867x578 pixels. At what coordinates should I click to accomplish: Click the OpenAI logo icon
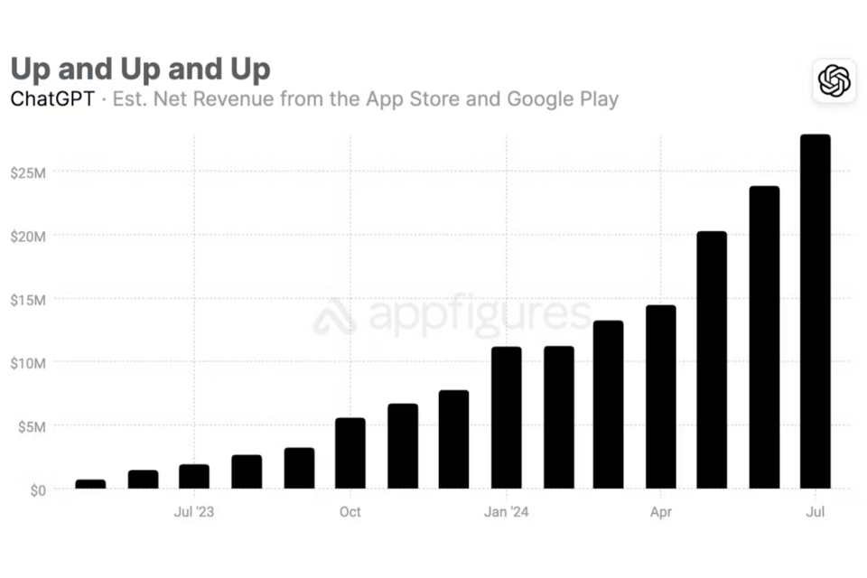click(x=834, y=81)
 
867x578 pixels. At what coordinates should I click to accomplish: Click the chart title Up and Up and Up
click(x=140, y=70)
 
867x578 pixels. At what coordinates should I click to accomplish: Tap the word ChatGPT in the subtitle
click(x=52, y=99)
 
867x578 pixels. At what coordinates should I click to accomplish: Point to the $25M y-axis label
click(x=28, y=172)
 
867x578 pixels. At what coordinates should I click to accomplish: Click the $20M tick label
click(x=28, y=236)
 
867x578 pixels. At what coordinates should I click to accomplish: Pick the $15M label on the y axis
click(x=28, y=299)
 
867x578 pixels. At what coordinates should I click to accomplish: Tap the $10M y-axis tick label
click(x=28, y=363)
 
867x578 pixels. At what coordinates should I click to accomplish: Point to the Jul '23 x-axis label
click(x=193, y=512)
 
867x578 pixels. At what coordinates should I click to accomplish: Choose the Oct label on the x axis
click(x=350, y=512)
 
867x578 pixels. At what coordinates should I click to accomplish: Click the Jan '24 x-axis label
click(x=507, y=512)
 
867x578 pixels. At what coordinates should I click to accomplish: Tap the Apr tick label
click(x=660, y=512)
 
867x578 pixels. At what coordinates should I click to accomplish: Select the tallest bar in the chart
click(x=816, y=312)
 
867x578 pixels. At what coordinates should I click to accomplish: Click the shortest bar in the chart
click(x=90, y=484)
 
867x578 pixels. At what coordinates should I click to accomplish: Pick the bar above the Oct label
click(x=350, y=453)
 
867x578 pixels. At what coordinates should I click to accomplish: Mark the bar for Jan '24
click(x=507, y=417)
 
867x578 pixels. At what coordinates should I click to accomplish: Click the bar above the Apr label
click(x=660, y=397)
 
